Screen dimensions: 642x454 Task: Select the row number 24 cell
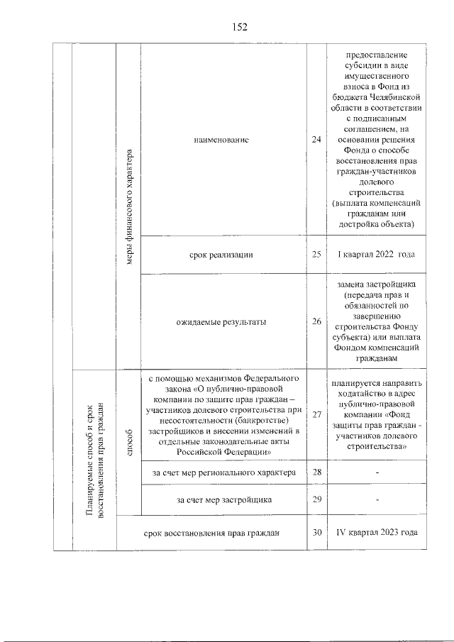click(x=316, y=140)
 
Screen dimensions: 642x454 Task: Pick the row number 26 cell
click(x=316, y=322)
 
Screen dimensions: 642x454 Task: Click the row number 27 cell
click(x=316, y=415)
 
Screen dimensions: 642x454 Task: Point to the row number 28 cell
click(x=316, y=472)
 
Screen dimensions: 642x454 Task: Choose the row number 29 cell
click(x=316, y=500)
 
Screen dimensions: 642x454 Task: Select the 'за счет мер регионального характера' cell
click(x=223, y=472)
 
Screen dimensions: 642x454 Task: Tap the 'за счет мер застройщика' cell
click(x=224, y=500)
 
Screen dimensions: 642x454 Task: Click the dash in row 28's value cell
click(x=377, y=472)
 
